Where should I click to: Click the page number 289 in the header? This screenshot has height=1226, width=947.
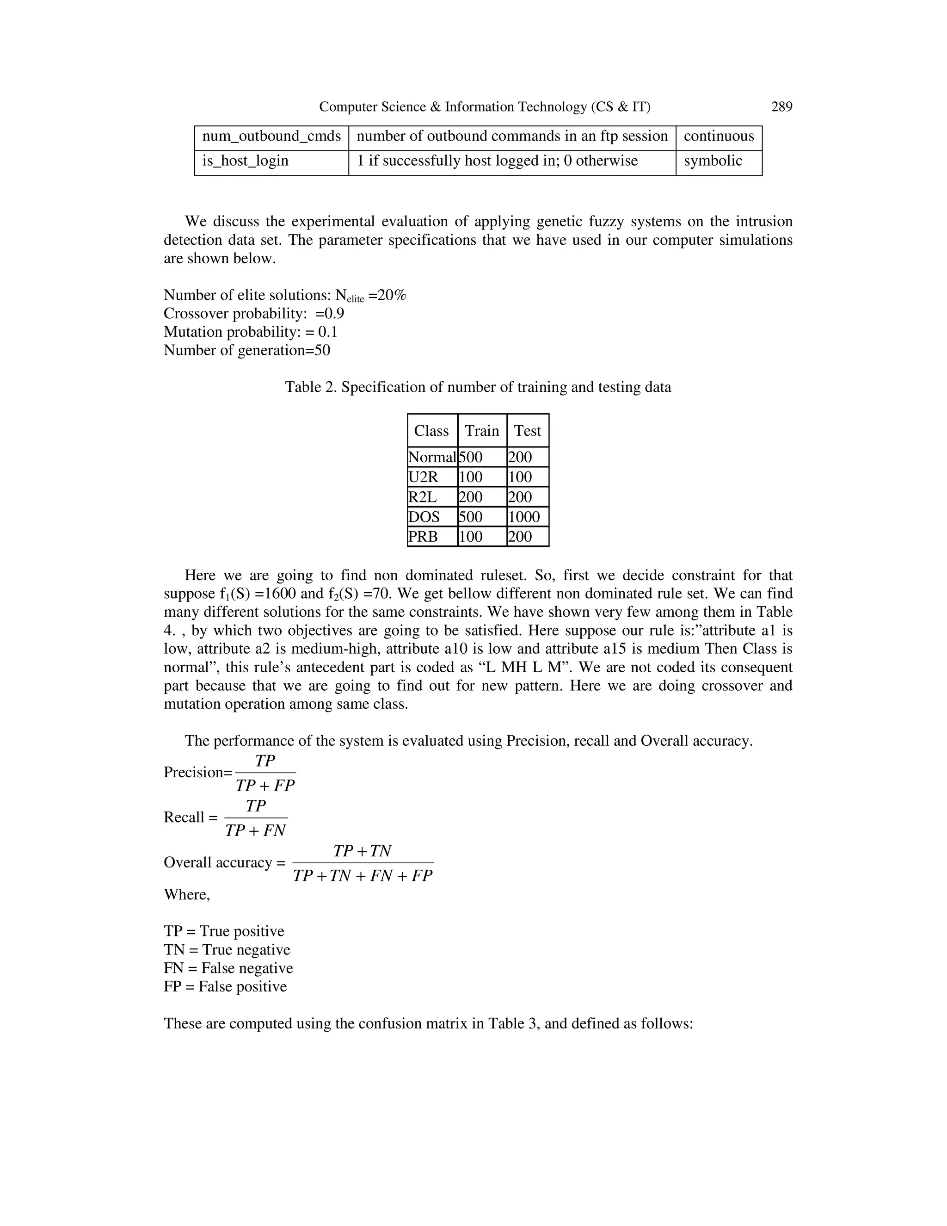[781, 107]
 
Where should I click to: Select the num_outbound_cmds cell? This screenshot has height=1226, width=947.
[271, 136]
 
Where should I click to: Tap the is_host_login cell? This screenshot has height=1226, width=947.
[245, 161]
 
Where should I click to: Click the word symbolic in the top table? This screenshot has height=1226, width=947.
[713, 161]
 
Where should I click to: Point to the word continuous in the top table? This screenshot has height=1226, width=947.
[719, 136]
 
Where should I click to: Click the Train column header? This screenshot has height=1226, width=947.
[482, 431]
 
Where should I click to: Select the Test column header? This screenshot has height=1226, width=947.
[527, 431]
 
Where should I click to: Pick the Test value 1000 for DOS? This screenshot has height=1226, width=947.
[524, 517]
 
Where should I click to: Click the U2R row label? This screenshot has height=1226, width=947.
[423, 477]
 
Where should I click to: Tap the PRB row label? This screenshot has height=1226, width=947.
[423, 537]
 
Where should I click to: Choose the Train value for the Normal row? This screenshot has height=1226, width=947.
[471, 457]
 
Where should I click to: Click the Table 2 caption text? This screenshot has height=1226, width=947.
[478, 387]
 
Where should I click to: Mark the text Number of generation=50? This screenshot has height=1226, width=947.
[247, 350]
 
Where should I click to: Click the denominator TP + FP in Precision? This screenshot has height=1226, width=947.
[265, 786]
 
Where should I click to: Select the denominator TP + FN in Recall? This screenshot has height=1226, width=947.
[256, 831]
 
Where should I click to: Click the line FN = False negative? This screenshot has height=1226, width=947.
[228, 968]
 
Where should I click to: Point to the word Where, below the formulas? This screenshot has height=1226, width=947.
[187, 894]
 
